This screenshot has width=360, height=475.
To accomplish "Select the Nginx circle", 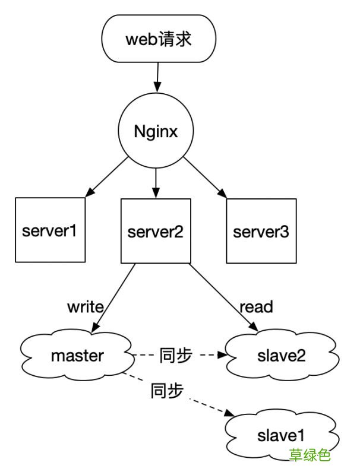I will pos(156,131).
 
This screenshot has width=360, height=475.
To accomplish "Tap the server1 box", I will pos(50,230).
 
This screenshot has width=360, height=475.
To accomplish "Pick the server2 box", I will pos(156,230).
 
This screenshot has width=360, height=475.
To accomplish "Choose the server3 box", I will pos(261,230).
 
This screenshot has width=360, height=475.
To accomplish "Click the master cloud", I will pos(77,356).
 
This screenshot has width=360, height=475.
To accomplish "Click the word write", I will pos(86,307).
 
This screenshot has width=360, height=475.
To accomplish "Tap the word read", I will pos(256,307).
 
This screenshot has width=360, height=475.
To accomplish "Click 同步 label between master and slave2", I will pos(176,356).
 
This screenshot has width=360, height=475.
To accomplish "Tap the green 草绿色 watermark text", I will pos(310,456).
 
